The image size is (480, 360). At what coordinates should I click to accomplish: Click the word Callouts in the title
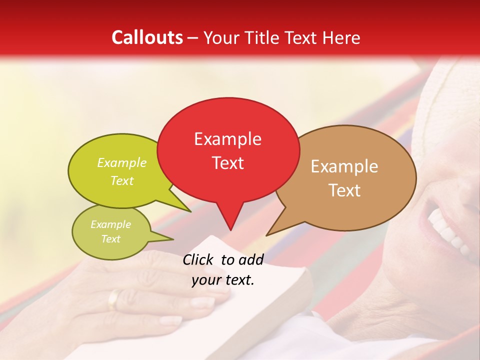pyautogui.click(x=147, y=37)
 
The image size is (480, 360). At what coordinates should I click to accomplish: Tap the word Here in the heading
pyautogui.click(x=341, y=37)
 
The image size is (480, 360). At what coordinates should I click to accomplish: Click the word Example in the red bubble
pyautogui.click(x=227, y=139)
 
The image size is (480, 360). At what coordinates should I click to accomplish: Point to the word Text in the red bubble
pyautogui.click(x=227, y=163)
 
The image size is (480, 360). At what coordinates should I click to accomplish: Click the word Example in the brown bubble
pyautogui.click(x=344, y=166)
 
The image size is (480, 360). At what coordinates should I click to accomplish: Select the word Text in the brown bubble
pyautogui.click(x=344, y=190)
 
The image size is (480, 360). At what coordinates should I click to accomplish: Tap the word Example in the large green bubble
pyautogui.click(x=122, y=162)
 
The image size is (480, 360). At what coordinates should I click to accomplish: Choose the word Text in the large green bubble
pyautogui.click(x=122, y=180)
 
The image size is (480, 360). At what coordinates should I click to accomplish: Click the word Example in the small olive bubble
pyautogui.click(x=110, y=224)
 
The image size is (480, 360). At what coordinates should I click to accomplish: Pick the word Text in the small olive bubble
pyautogui.click(x=110, y=239)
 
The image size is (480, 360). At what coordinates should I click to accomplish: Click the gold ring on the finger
pyautogui.click(x=114, y=299)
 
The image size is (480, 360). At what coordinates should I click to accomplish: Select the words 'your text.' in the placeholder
pyautogui.click(x=223, y=280)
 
